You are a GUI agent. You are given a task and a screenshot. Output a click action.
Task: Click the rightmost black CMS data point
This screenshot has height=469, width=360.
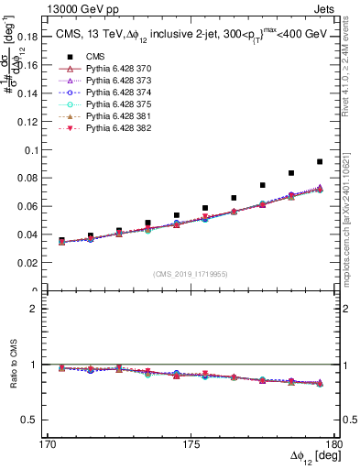[320, 161]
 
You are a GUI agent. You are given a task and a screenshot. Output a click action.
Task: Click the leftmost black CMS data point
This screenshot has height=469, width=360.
[61, 240]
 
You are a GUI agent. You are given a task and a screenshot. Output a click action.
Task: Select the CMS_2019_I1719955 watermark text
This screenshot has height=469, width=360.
[190, 273]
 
